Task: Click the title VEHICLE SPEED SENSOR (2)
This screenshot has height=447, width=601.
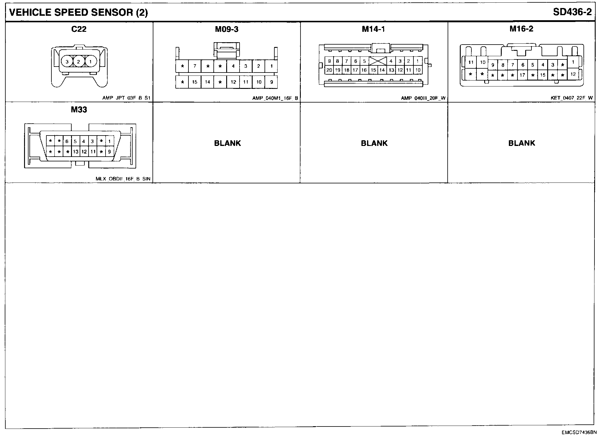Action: tap(79, 12)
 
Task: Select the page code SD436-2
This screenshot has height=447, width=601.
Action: tap(572, 12)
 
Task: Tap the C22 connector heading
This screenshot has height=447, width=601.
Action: tap(79, 29)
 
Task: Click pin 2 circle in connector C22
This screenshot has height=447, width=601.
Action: tap(78, 62)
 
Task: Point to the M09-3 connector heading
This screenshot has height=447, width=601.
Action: tap(226, 29)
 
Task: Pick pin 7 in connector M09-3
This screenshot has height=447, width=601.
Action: tap(195, 66)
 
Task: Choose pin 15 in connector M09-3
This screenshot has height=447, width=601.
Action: tap(195, 82)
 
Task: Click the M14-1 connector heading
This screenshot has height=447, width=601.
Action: tap(374, 29)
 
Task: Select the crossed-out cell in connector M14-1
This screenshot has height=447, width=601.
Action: tap(377, 61)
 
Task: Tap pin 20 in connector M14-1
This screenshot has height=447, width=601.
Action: tap(329, 70)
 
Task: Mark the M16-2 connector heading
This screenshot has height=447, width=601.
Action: tap(521, 29)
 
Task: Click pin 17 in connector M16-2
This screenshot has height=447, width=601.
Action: tap(522, 75)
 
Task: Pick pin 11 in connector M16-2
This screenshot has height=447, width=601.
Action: tap(471, 62)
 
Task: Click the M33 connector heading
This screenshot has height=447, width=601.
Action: tap(79, 110)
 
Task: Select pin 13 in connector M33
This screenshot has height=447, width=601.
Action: tap(76, 152)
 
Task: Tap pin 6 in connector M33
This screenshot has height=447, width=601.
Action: tap(67, 141)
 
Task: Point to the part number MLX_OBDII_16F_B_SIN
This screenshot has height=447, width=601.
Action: tap(123, 179)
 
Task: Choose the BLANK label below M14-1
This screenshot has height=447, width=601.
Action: tap(374, 143)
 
